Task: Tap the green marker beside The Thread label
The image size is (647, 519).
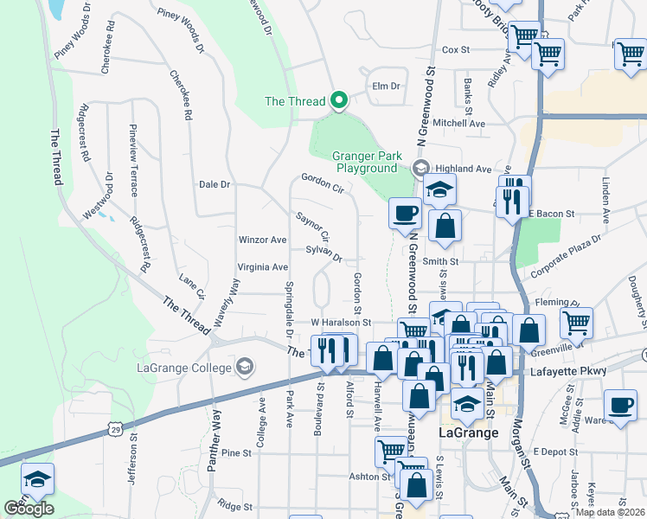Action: point(339,101)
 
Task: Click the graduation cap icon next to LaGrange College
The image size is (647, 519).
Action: point(246,367)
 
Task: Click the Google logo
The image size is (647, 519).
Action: point(29,509)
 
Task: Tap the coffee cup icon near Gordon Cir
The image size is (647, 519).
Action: point(405,212)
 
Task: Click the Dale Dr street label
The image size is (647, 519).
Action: point(215,185)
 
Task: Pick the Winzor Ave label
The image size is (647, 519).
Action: point(262,240)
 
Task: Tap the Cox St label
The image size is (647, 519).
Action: point(455,51)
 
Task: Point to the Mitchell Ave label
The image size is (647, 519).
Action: point(459,124)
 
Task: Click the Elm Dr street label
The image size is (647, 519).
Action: point(387,86)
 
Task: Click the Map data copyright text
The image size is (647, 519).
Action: point(609,511)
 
